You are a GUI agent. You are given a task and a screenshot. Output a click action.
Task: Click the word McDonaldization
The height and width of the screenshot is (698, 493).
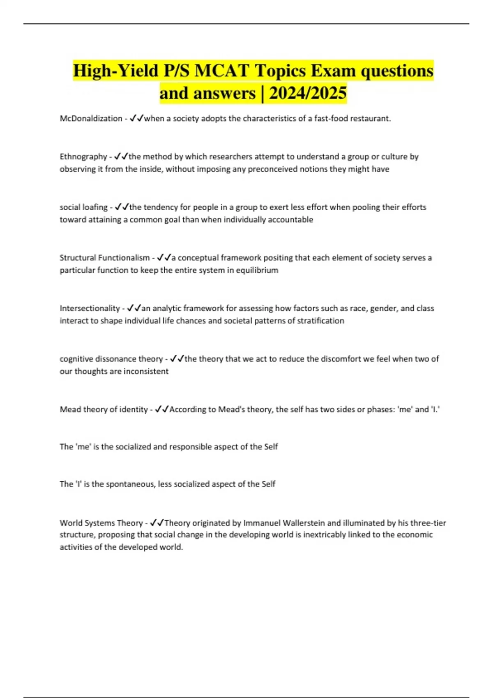(91, 119)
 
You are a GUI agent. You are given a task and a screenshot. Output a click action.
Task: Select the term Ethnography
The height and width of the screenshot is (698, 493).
(83, 156)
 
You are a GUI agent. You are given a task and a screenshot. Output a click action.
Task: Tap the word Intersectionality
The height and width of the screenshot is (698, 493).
(90, 308)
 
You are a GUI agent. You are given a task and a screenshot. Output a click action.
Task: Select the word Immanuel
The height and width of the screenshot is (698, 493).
(259, 523)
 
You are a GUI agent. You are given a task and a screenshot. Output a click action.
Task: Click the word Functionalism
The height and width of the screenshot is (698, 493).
(124, 258)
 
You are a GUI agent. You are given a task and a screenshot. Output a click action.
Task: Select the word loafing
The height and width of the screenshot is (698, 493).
(94, 207)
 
